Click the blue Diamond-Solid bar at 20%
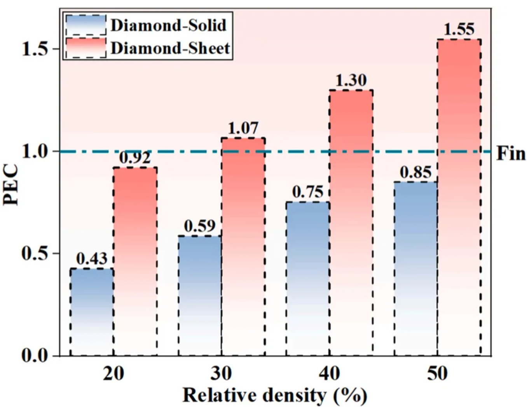pos(92,311)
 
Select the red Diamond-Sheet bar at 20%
pos(135,261)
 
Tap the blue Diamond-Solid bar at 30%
pos(200,296)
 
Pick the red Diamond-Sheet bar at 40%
pos(351,222)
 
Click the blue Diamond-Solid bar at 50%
pos(416,268)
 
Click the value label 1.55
pos(459,30)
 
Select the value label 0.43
pos(92,259)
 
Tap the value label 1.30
pos(351,81)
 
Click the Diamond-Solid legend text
pos(168,25)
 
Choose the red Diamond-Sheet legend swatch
pos(86,48)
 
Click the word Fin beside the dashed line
pos(511,154)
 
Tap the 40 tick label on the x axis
pos(329,374)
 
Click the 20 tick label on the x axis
pos(113,374)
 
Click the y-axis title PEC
pos(12,184)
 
